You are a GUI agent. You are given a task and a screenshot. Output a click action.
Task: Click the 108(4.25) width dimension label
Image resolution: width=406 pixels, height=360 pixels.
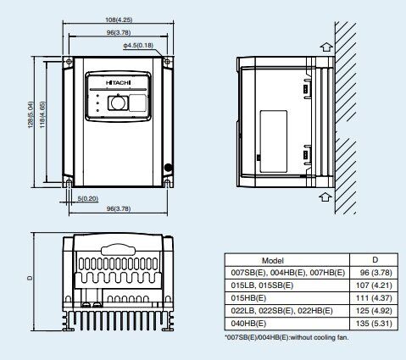point(119,19)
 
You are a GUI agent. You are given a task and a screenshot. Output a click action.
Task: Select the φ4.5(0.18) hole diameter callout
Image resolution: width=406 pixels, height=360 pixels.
point(138,45)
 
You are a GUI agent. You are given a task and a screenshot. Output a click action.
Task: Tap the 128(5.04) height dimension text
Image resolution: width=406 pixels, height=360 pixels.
point(31,114)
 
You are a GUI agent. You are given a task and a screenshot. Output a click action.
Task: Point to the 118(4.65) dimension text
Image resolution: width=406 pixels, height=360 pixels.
point(42,114)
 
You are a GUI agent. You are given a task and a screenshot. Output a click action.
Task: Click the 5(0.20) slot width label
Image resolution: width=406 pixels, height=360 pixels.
point(88,198)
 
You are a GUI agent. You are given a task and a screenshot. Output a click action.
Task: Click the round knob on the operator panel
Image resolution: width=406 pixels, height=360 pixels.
point(117,102)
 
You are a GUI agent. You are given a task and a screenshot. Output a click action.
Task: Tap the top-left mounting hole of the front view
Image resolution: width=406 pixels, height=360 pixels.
point(69,62)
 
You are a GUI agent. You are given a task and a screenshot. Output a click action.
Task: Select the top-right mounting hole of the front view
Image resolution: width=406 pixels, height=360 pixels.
point(167,62)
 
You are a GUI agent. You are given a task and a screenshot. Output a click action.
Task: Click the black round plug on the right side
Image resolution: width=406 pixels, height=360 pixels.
point(169,168)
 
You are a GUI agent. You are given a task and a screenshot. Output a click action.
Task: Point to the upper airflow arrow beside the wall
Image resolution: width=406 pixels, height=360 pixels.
point(326,47)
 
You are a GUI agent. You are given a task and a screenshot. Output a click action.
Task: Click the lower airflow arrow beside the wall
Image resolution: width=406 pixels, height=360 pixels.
point(325,197)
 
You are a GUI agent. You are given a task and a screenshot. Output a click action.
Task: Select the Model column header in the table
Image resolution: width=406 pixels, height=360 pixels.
point(273,260)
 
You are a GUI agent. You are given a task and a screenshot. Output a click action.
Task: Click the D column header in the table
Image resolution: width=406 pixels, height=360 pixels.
point(375,260)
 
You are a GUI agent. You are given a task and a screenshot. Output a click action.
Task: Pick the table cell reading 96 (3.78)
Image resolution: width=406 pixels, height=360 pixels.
point(376,273)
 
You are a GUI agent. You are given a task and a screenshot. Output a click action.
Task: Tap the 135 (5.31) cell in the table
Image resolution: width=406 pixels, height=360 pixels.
point(374,324)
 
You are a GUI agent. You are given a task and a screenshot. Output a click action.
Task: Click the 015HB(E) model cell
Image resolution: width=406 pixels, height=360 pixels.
point(248,298)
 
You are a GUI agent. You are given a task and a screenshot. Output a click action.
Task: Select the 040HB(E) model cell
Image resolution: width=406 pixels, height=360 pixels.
point(248,324)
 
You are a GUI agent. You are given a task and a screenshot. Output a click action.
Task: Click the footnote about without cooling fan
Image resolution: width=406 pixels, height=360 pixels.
point(286,337)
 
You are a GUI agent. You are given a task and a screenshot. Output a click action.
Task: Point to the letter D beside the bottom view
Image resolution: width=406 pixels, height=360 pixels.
point(30,278)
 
